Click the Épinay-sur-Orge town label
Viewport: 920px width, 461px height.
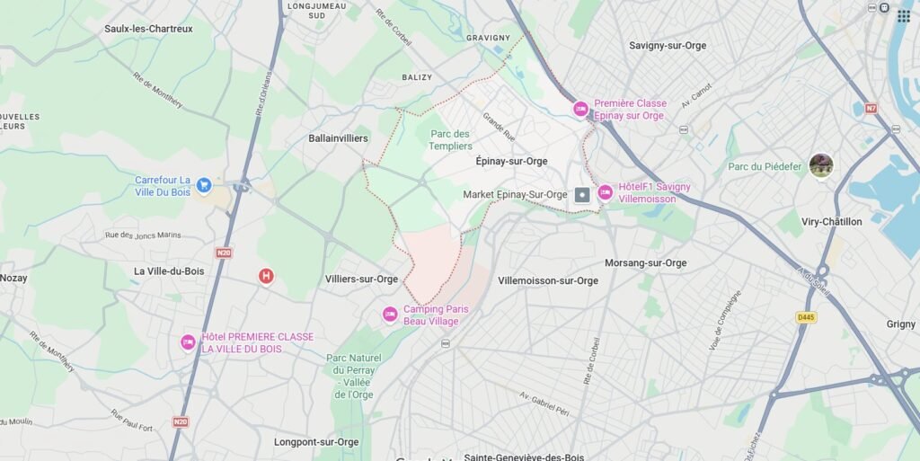click(511, 162)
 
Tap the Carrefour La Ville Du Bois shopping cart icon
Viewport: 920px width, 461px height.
click(204, 185)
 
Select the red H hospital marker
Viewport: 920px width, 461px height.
click(266, 276)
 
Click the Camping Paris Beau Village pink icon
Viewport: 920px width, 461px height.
click(390, 315)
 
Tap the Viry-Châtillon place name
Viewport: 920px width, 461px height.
click(831, 221)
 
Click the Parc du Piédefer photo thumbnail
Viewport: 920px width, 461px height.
click(821, 165)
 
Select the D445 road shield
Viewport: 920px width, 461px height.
click(806, 317)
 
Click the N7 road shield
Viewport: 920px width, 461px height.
click(871, 109)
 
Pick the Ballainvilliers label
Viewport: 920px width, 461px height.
click(338, 138)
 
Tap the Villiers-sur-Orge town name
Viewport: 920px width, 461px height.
click(361, 279)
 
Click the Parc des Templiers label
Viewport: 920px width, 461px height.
click(450, 140)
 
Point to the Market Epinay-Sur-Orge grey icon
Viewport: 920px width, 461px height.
click(582, 194)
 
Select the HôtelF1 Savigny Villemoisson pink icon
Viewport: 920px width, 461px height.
click(606, 192)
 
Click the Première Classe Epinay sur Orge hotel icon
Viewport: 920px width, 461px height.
click(581, 109)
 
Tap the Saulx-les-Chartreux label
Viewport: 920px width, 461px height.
click(148, 29)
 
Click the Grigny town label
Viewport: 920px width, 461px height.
click(900, 324)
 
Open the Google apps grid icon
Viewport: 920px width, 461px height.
click(904, 16)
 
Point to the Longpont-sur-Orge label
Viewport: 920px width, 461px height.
click(316, 442)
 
